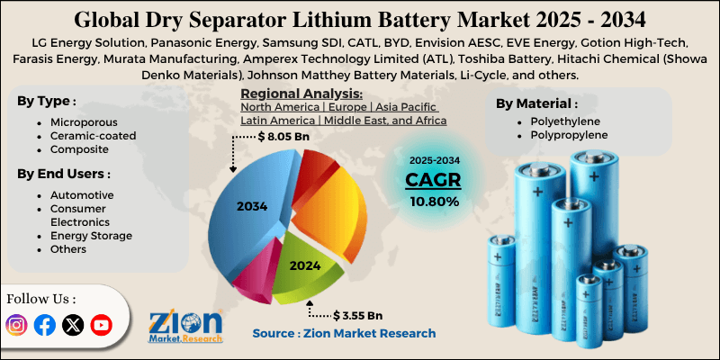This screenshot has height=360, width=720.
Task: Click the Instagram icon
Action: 16,325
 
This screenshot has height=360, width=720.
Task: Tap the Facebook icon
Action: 44,325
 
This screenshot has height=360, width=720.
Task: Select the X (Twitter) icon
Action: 73,325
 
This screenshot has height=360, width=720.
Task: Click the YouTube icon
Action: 101,325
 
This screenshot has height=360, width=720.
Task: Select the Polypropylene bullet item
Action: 563,134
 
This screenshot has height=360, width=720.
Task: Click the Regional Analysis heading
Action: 301,94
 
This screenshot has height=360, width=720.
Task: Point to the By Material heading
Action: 537,103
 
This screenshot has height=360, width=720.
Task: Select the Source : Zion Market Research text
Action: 344,333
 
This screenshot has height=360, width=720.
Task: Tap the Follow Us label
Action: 41,298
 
